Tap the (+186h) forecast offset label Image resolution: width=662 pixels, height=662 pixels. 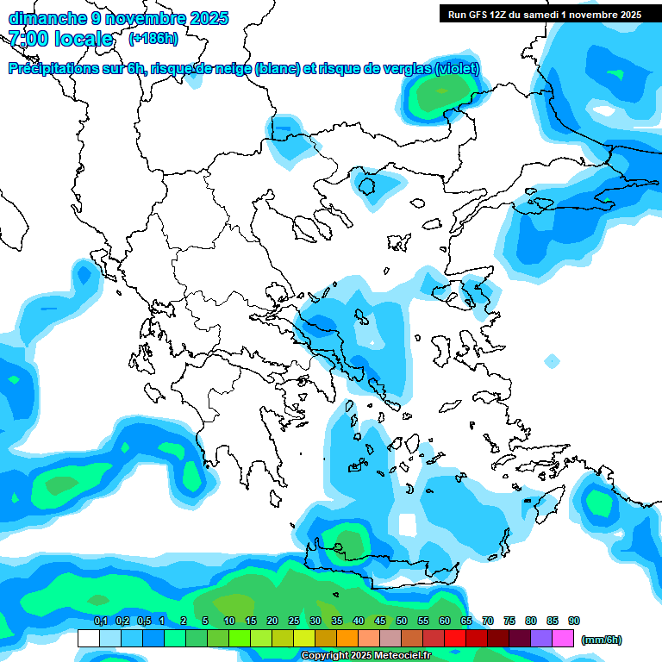153,38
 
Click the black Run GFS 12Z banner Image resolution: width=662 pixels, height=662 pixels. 544,14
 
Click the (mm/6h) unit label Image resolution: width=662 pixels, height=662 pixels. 602,639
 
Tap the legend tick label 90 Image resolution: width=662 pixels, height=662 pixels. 574,621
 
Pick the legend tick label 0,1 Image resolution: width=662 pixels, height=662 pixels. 100,621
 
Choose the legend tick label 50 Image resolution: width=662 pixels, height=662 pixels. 402,621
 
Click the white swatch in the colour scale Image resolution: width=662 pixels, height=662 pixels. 89,639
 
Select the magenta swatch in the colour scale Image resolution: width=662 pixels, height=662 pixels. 563,639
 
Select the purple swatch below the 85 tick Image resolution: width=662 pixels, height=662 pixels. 541,639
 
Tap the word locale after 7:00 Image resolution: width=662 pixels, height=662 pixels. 84,38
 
